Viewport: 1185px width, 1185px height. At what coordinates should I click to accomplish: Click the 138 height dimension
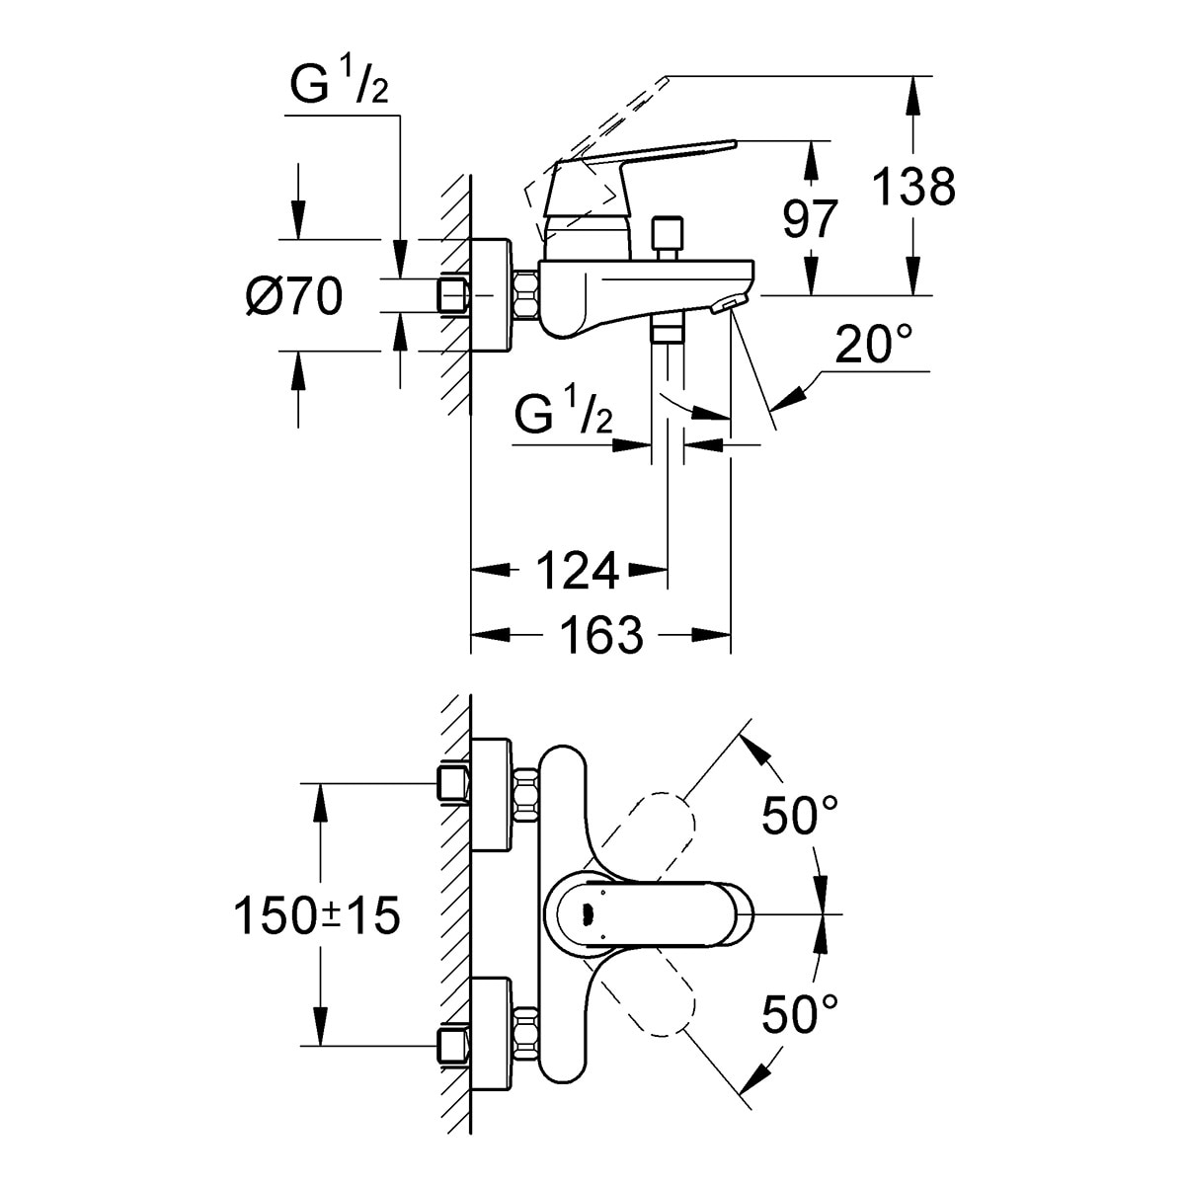point(914,187)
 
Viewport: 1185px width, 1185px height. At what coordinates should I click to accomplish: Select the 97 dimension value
point(810,219)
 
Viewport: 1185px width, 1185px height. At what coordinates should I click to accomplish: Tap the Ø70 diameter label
point(293,295)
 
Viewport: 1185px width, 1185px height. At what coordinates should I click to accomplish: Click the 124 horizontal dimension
point(577,570)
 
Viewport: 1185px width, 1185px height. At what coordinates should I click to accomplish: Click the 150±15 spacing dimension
point(316,916)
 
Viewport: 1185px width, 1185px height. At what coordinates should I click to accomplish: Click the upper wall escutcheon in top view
point(493,793)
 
